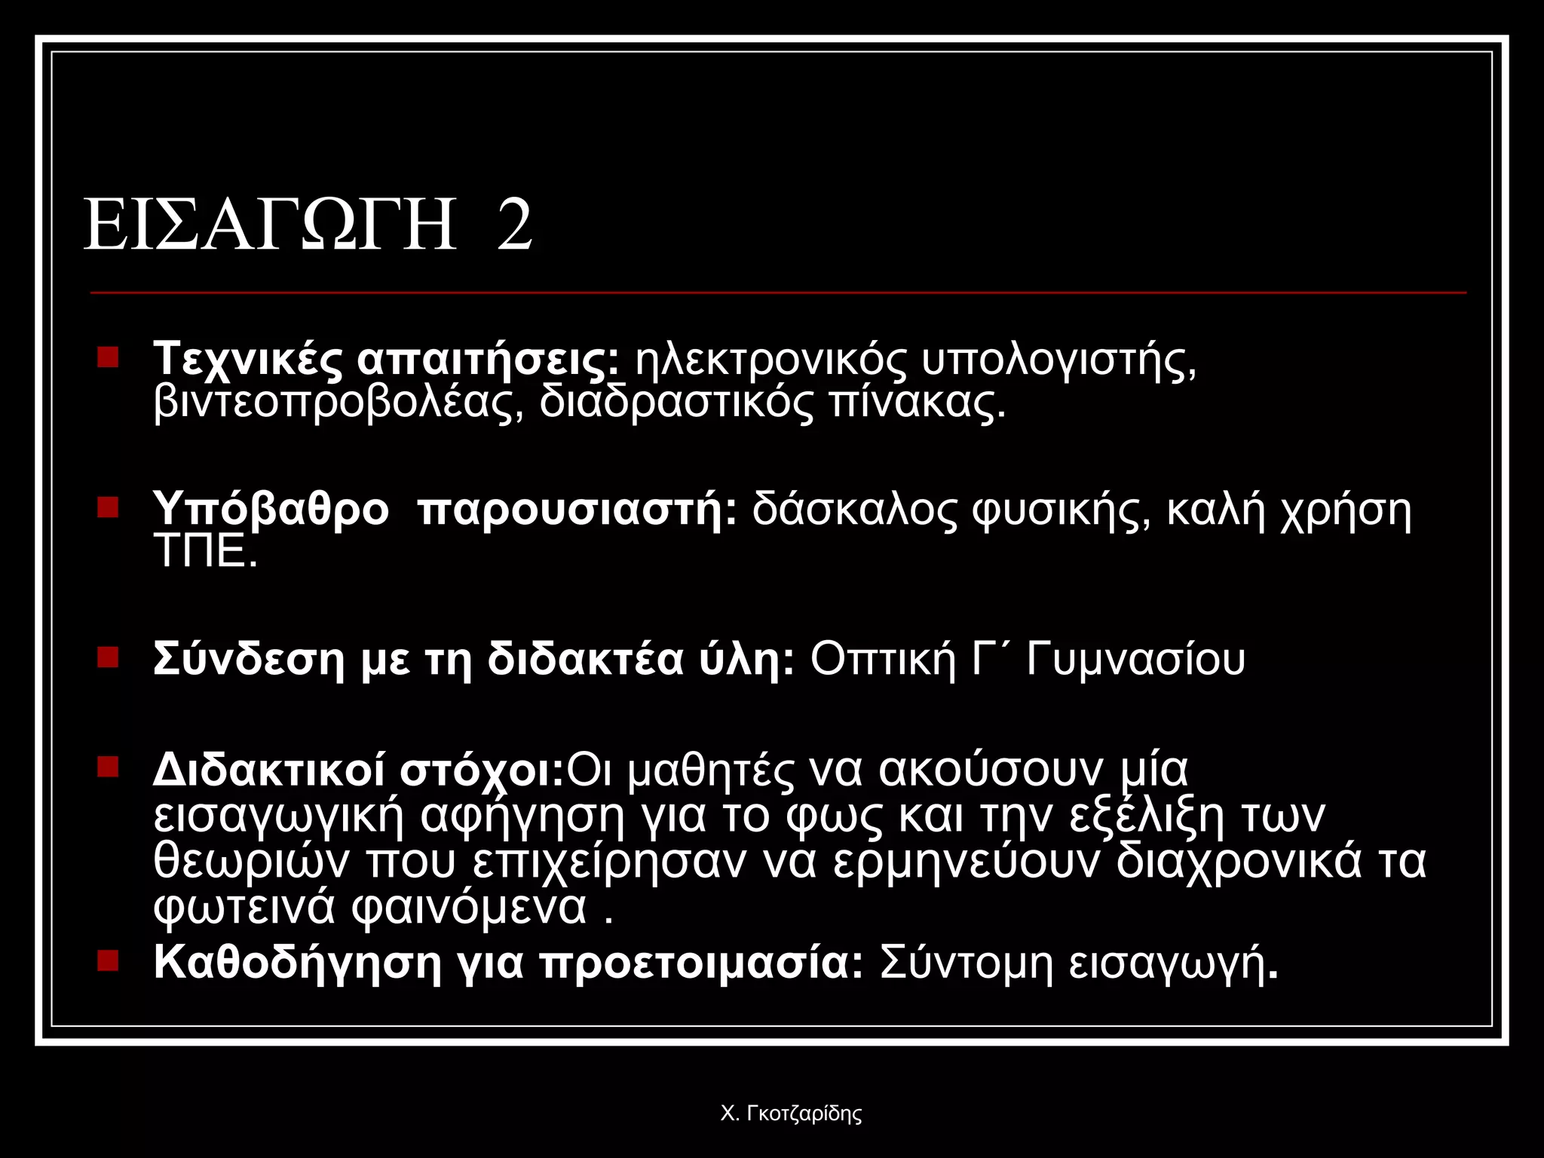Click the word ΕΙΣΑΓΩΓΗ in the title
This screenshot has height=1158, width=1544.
coord(270,225)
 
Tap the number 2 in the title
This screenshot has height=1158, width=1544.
coord(515,225)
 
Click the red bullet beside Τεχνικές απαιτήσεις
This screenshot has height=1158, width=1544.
coord(109,357)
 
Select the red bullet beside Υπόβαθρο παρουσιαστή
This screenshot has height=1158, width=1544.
coord(109,507)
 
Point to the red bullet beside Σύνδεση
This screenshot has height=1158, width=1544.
coord(109,657)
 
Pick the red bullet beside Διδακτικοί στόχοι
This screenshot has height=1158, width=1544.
coord(109,767)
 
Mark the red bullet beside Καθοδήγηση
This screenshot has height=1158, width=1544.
coord(109,960)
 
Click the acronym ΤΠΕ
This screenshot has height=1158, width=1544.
coord(205,553)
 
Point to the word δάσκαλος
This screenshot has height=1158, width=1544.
coord(853,510)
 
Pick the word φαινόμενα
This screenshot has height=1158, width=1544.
coord(469,907)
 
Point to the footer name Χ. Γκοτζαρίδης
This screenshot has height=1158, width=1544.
coord(791,1114)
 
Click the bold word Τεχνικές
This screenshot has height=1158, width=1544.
coord(247,360)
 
